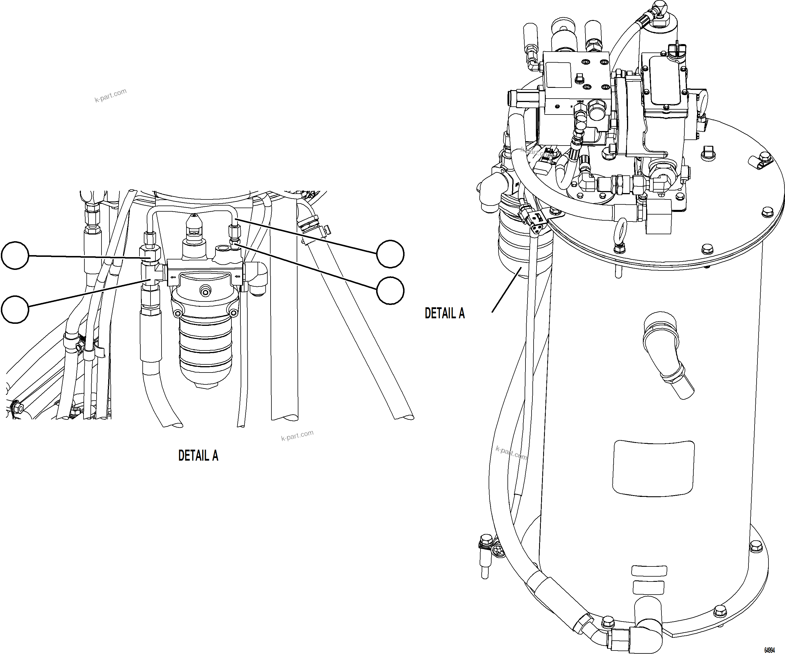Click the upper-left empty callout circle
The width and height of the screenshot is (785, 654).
(15, 255)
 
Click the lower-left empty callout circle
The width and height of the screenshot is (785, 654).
(15, 309)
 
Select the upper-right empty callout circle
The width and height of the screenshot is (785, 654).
(390, 254)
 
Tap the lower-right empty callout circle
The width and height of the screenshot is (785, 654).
(390, 290)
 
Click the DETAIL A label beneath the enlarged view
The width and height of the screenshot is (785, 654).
(198, 455)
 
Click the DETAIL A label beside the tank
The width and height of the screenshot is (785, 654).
(445, 313)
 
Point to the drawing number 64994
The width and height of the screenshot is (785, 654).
(769, 650)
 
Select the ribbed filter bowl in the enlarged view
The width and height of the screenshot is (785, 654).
(205, 351)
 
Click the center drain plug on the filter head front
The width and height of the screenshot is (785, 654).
(204, 290)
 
